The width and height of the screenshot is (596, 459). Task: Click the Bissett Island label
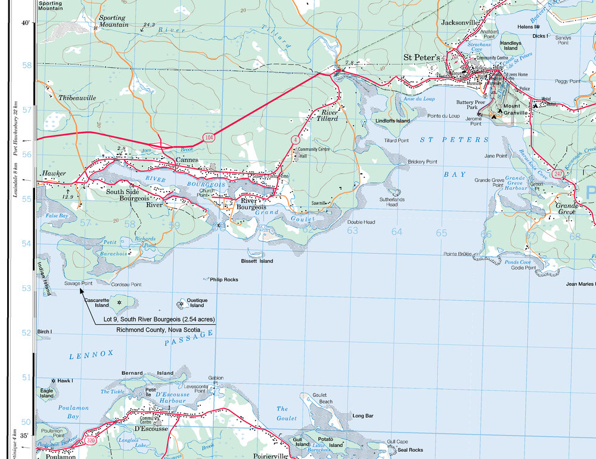pyautogui.click(x=257, y=261)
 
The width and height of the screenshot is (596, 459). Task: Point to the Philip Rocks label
pyautogui.click(x=223, y=279)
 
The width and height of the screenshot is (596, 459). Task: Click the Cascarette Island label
pyautogui.click(x=97, y=303)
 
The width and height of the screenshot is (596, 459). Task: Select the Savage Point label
pyautogui.click(x=78, y=284)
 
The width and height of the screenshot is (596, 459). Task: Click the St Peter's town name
pyautogui.click(x=421, y=57)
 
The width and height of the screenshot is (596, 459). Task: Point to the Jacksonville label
pyautogui.click(x=460, y=23)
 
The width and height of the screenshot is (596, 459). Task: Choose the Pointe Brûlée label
pyautogui.click(x=458, y=254)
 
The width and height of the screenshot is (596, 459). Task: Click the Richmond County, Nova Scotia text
pyautogui.click(x=157, y=329)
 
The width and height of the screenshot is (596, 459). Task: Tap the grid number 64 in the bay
pyautogui.click(x=397, y=232)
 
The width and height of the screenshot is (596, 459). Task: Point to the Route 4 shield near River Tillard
pyautogui.click(x=295, y=139)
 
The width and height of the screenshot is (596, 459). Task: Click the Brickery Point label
pyautogui.click(x=422, y=162)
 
